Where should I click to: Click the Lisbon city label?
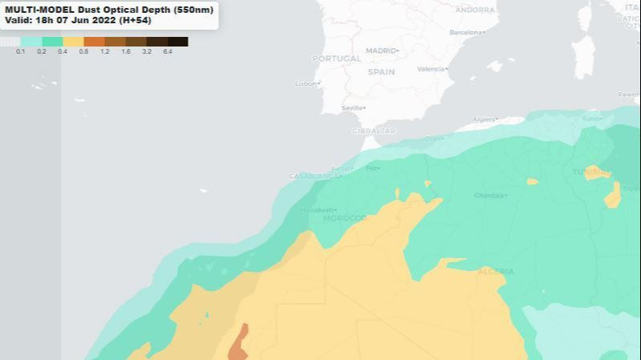(x=307, y=83)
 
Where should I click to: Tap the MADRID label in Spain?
(x=382, y=51)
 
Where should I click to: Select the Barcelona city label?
(x=467, y=32)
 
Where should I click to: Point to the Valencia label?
(x=431, y=69)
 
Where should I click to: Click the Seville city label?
(x=353, y=107)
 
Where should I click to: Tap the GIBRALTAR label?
(x=374, y=131)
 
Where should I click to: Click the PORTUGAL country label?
(x=337, y=59)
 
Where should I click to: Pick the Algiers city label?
(x=485, y=119)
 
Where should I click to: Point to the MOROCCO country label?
(x=344, y=218)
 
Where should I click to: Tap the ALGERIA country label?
(x=495, y=271)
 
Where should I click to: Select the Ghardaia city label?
(x=489, y=195)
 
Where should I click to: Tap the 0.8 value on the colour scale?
(x=83, y=51)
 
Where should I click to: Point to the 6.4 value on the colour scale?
(x=168, y=51)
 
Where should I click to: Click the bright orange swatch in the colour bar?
(x=94, y=41)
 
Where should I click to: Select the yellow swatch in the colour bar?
(x=73, y=41)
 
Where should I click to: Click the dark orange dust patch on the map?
(x=238, y=343)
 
